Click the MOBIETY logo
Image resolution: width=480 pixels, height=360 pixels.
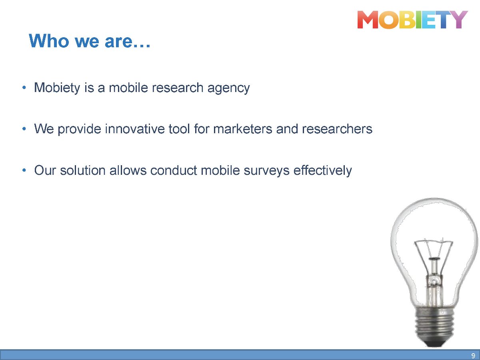pyautogui.click(x=412, y=20)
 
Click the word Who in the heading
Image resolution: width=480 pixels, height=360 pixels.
pyautogui.click(x=49, y=41)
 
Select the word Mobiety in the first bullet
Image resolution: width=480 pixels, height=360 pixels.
pyautogui.click(x=57, y=88)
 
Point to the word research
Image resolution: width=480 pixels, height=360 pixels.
pyautogui.click(x=178, y=88)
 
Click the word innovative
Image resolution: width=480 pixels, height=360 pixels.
pyautogui.click(x=135, y=129)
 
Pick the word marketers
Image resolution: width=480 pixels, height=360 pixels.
pyautogui.click(x=243, y=129)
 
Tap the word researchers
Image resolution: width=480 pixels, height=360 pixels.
pyautogui.click(x=337, y=129)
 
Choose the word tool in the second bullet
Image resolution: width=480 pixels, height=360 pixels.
pyautogui.click(x=179, y=129)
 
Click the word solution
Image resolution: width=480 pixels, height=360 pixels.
pyautogui.click(x=83, y=170)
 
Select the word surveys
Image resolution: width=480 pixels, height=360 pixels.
pyautogui.click(x=266, y=171)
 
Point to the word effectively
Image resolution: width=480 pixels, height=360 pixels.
pyautogui.click(x=322, y=171)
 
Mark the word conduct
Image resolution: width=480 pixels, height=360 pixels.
pyautogui.click(x=174, y=170)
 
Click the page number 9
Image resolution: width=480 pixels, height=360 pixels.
pyautogui.click(x=473, y=356)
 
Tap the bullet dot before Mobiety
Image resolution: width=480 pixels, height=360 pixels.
pyautogui.click(x=24, y=88)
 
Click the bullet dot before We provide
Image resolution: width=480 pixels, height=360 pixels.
pyautogui.click(x=24, y=129)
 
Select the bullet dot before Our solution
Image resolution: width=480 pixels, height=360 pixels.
pyautogui.click(x=24, y=170)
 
